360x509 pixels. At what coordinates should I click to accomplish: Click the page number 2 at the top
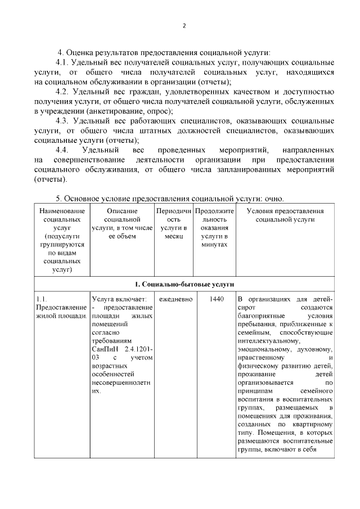coord(183,26)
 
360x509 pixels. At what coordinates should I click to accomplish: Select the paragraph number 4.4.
coord(62,150)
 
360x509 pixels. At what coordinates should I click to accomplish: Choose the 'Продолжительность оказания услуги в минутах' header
coord(213,228)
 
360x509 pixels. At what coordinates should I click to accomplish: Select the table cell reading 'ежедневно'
coord(175,299)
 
